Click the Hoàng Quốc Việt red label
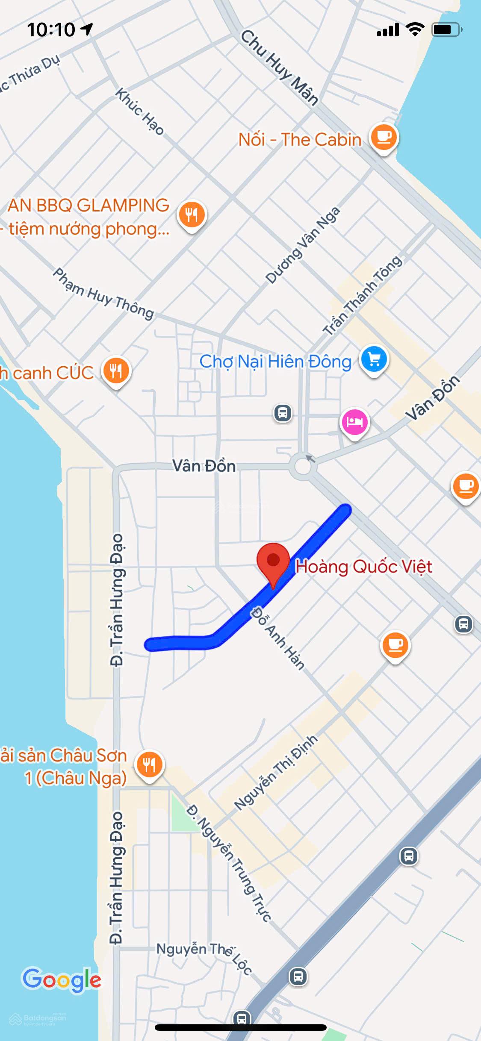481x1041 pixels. [364, 567]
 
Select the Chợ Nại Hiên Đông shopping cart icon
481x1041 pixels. [374, 360]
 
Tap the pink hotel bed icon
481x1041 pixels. [354, 422]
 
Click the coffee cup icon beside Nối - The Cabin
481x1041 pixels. [384, 137]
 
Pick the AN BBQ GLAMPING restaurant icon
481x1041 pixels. [192, 214]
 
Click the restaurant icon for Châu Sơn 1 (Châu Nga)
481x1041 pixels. [149, 765]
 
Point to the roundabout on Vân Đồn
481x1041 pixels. [303, 466]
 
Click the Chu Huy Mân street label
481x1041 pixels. [280, 68]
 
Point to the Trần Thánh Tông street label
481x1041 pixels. [363, 295]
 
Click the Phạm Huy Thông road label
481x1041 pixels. [103, 294]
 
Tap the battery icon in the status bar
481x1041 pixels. [447, 29]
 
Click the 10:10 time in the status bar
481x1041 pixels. [51, 29]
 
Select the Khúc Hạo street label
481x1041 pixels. [140, 112]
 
